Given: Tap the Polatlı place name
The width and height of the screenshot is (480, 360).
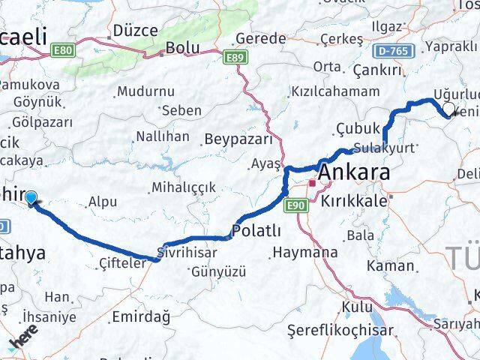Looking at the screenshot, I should [257, 230].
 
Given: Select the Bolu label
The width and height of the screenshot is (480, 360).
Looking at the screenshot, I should [182, 47].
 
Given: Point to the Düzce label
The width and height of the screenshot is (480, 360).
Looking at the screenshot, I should [134, 31].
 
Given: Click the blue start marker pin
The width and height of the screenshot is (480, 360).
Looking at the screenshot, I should [31, 197].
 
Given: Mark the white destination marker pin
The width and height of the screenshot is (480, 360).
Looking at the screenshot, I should [448, 109].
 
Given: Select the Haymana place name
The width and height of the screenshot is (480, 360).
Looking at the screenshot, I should [305, 252].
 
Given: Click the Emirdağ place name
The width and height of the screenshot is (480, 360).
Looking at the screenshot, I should [140, 316].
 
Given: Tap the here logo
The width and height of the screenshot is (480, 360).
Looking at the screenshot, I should [23, 342].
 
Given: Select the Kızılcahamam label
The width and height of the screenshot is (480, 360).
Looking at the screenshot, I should [334, 91].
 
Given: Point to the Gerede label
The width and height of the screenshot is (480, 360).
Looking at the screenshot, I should [260, 38].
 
